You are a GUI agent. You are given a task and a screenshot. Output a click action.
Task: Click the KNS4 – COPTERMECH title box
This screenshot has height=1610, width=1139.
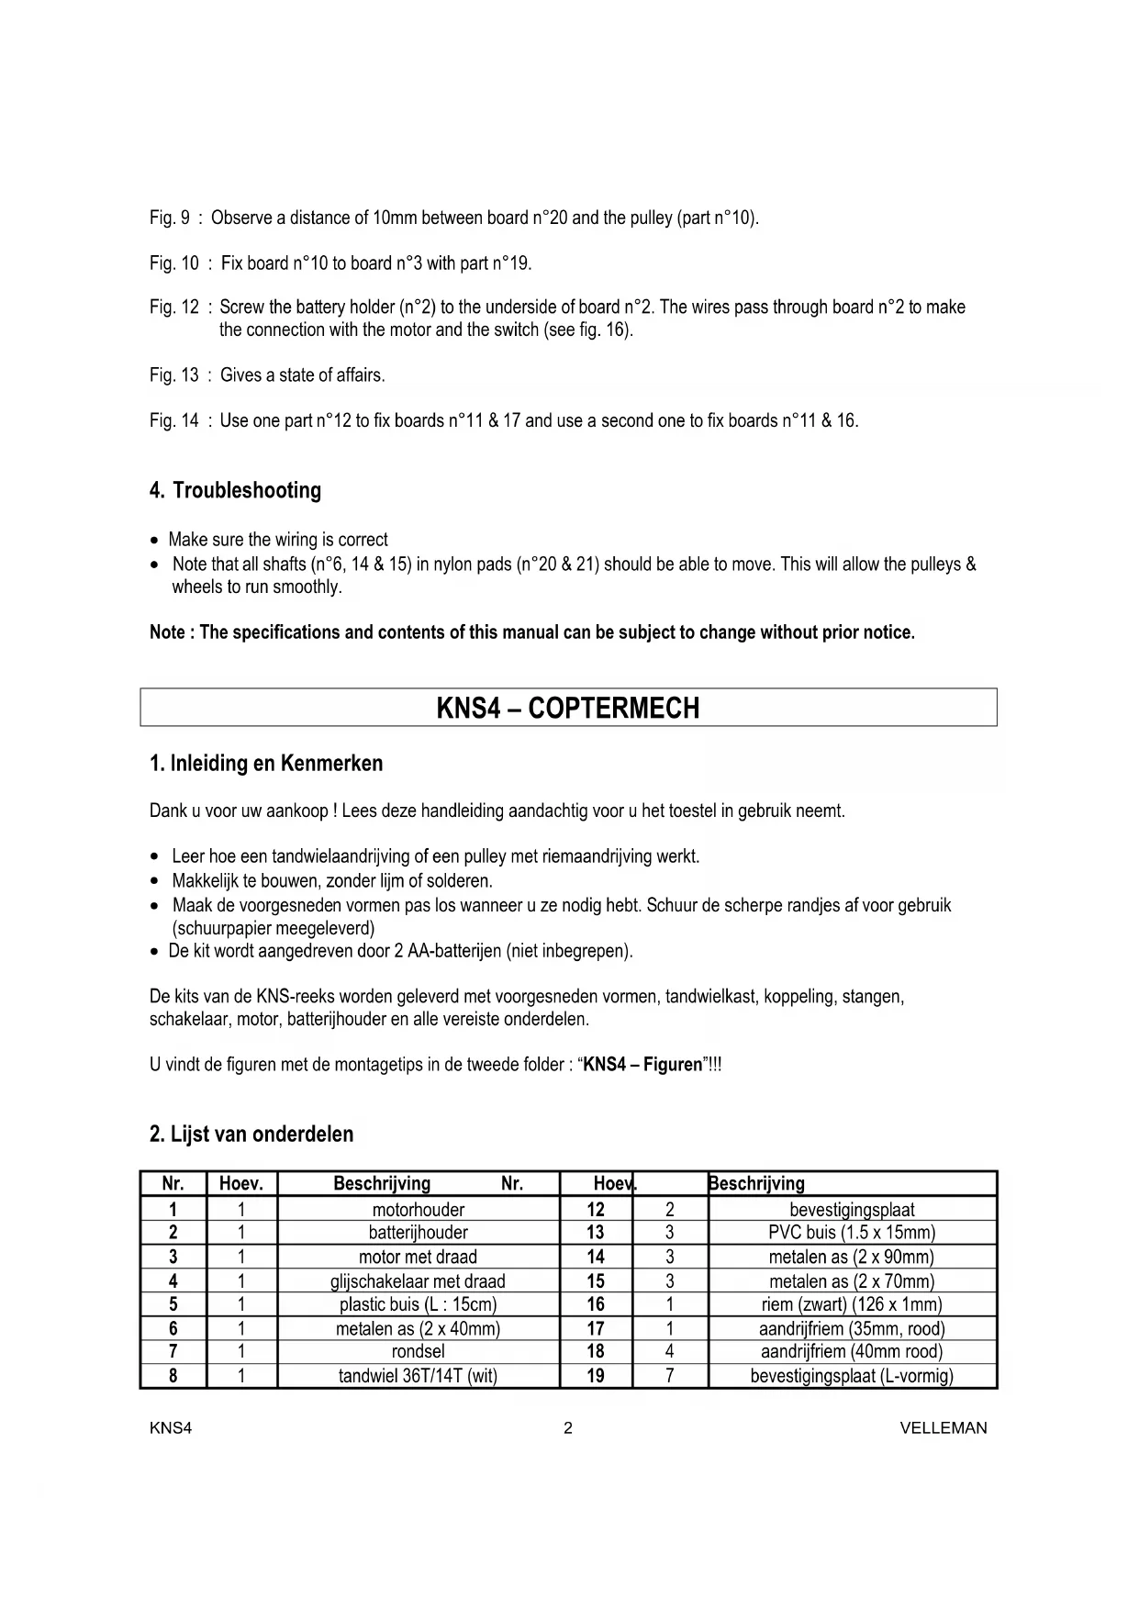(x=568, y=708)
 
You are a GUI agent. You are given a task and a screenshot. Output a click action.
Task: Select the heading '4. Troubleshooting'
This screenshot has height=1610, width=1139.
(x=235, y=490)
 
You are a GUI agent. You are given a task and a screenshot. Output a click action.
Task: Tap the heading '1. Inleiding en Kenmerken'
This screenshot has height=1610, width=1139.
(x=266, y=764)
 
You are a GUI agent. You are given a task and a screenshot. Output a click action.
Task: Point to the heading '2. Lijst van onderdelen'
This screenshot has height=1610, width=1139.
(x=251, y=1135)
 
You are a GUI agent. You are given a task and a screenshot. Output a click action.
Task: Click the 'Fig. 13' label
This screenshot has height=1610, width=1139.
(x=173, y=375)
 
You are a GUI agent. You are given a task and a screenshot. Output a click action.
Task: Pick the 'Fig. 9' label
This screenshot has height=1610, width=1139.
(x=170, y=218)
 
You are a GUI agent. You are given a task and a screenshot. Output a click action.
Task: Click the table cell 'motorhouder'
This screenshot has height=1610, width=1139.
(x=418, y=1210)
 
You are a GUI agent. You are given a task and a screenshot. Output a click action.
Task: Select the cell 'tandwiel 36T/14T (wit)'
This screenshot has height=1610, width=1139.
(x=418, y=1376)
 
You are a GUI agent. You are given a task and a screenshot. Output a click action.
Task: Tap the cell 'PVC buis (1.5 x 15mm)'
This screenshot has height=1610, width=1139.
(x=852, y=1233)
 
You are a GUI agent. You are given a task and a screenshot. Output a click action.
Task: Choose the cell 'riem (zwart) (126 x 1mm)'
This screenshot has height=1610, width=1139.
(x=852, y=1304)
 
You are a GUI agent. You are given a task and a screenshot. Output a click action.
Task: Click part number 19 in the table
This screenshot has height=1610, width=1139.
(x=596, y=1376)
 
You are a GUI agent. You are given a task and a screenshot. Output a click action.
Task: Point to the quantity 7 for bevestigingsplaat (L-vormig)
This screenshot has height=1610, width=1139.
(x=670, y=1376)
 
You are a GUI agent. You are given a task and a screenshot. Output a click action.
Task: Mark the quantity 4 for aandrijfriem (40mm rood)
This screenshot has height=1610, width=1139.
(x=670, y=1352)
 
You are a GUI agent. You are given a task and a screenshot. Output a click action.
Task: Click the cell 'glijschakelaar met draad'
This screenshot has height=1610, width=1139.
(x=418, y=1281)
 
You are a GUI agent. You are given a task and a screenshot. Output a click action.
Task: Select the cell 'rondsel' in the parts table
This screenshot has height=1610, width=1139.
(x=418, y=1352)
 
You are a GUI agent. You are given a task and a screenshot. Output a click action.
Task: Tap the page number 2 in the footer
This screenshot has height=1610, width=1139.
(x=568, y=1428)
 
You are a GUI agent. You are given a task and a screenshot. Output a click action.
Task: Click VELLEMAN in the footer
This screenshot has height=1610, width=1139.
(x=944, y=1428)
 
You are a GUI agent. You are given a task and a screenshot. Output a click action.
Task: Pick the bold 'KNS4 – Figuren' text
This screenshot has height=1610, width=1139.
(x=642, y=1066)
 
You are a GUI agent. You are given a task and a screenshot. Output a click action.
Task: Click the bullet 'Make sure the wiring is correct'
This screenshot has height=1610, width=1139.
(x=278, y=540)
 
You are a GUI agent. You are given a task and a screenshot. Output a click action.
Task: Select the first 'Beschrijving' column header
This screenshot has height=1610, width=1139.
(x=382, y=1184)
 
